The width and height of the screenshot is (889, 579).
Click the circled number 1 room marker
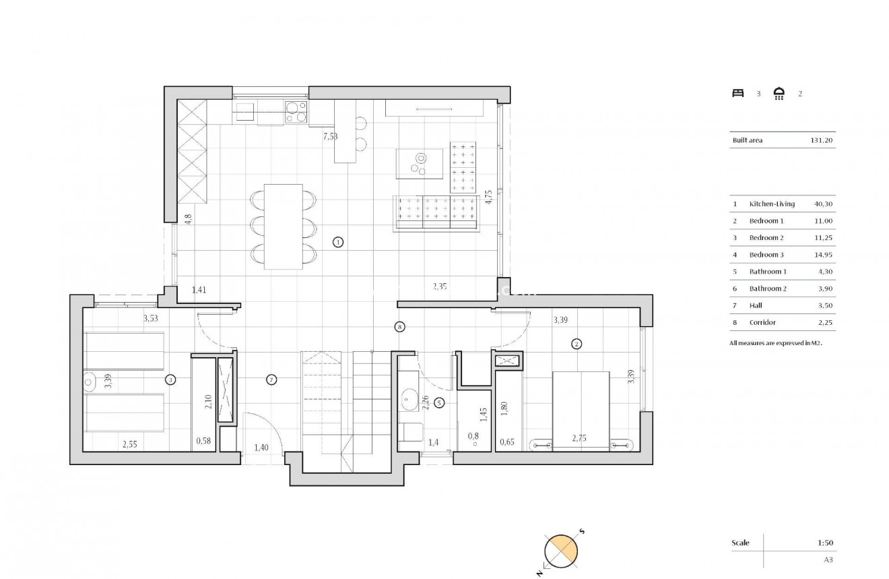coord(338,242)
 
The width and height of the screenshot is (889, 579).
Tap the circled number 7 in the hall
coord(271,380)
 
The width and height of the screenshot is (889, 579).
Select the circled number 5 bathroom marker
coord(439,404)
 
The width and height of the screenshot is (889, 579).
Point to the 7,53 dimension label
coord(330,136)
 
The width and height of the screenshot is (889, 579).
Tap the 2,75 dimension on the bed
coord(579,439)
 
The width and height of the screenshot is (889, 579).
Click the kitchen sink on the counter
coord(244,110)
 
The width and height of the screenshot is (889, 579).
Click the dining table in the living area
coord(283,226)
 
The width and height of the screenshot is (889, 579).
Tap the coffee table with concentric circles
coord(421,162)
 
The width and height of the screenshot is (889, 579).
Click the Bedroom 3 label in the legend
coord(766,255)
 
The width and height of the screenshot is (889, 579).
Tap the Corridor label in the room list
coord(762,323)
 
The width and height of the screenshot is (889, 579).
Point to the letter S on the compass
coord(582,532)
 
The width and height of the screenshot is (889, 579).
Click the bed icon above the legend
coord(737,94)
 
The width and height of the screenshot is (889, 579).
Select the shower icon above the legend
coord(779,94)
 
